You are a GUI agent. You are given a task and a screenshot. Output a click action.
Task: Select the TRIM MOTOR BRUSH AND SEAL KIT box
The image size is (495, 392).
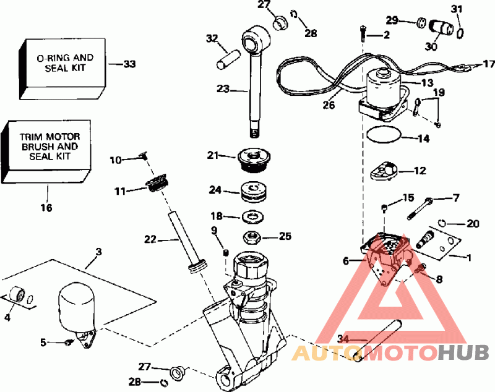coord(46,148)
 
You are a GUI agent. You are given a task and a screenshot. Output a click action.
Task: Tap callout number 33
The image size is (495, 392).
coord(129,64)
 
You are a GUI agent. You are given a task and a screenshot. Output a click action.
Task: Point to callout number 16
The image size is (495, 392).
coord(47,208)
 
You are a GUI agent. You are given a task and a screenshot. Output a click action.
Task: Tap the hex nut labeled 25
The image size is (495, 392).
coord(252,236)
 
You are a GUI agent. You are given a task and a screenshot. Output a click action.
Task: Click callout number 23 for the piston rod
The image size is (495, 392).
coord(222,89)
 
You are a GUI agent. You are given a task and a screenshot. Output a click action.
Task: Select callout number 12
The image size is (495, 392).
coord(420,169)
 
